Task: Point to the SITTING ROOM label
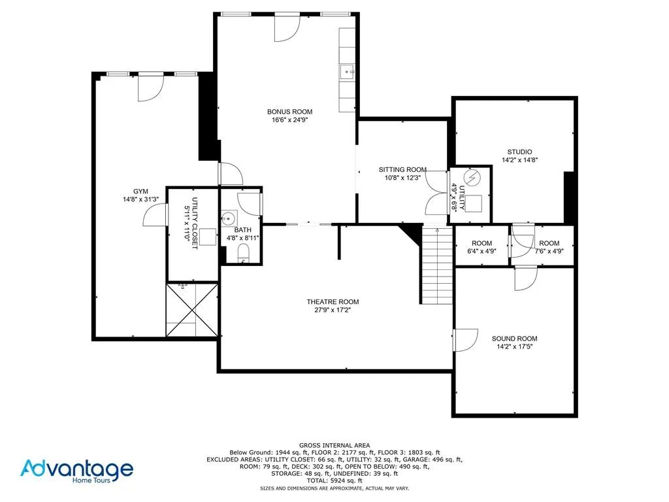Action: pos(402,169)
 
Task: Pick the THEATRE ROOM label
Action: pos(333,301)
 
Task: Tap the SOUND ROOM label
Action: pos(515,339)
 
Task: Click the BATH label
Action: pos(243,229)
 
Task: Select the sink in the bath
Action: pos(229,218)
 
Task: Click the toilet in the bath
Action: pos(244,253)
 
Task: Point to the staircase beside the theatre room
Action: pos(436,265)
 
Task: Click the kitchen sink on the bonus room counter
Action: pos(346,71)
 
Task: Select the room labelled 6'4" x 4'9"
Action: pos(481,247)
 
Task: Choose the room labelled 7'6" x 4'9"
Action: pos(549,247)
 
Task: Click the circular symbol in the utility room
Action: pos(473,178)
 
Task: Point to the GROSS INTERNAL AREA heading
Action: pos(334,444)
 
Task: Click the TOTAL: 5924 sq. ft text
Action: pos(334,480)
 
